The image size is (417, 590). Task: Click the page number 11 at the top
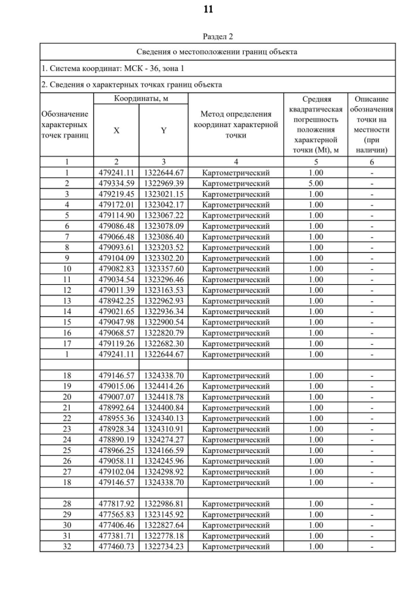(208, 9)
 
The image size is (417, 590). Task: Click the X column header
(117, 130)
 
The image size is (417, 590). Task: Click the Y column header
(164, 130)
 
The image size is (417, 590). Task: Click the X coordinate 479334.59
(117, 183)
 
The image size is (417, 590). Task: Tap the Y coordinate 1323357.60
(164, 269)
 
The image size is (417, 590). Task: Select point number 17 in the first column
(66, 344)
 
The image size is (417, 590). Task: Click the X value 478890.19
(117, 439)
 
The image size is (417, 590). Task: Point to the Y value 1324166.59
(164, 450)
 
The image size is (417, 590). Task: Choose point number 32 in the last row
(66, 546)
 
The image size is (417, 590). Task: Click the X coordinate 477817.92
(117, 504)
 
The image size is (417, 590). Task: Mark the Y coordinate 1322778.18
(164, 536)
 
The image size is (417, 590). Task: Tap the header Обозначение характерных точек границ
(66, 125)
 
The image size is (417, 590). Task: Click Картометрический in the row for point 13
(236, 301)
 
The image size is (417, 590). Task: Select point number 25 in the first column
(66, 450)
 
